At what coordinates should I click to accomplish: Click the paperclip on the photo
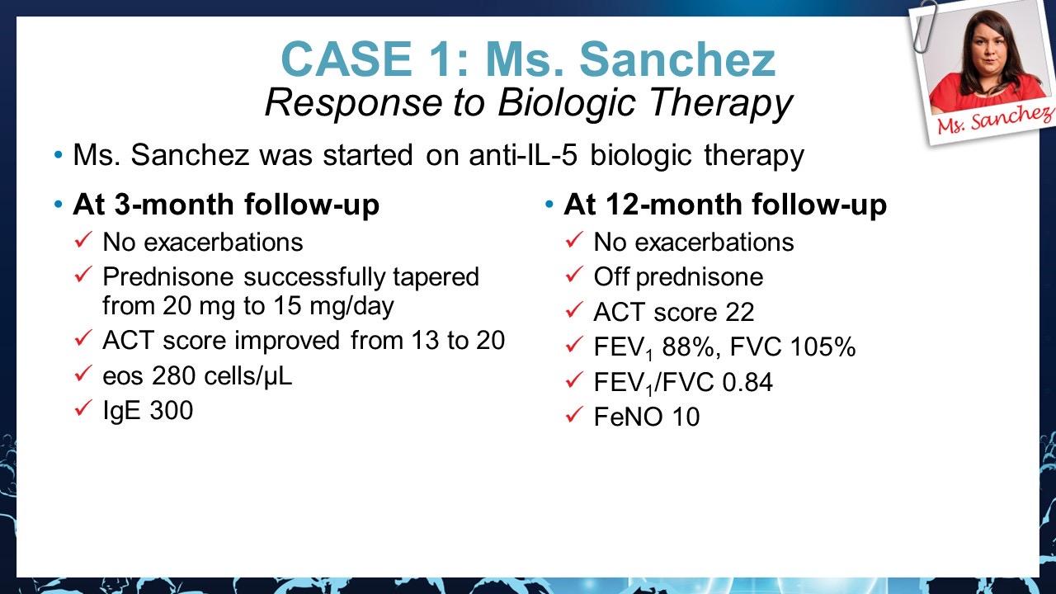pyautogui.click(x=925, y=26)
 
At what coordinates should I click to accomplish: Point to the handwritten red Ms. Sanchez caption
pyautogui.click(x=996, y=120)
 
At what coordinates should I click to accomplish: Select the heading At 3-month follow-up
pyautogui.click(x=226, y=205)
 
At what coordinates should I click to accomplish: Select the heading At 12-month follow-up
pyautogui.click(x=725, y=205)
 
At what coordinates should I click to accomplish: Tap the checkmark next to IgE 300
pyautogui.click(x=83, y=408)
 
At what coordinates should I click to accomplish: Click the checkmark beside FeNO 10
pyautogui.click(x=574, y=415)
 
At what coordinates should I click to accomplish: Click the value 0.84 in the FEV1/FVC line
pyautogui.click(x=747, y=382)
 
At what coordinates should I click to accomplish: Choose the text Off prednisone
pyautogui.click(x=678, y=276)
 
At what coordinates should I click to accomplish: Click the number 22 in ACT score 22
pyautogui.click(x=739, y=312)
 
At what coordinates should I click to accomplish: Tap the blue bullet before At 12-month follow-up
pyautogui.click(x=549, y=205)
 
